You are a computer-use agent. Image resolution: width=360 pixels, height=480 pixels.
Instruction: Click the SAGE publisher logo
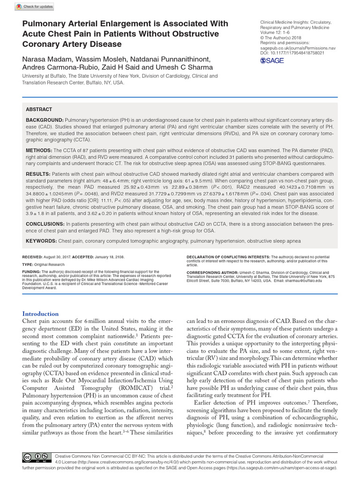tap(272, 60)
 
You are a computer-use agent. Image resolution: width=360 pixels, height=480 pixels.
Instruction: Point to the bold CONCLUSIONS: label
tap(46, 224)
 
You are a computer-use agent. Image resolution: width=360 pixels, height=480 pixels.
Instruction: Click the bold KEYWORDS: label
tap(41, 240)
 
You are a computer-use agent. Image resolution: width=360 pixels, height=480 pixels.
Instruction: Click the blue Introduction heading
tap(41, 314)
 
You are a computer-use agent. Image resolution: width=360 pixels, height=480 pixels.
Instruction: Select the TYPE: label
tap(28, 264)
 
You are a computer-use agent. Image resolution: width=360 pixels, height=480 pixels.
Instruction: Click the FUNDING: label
tap(32, 271)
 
